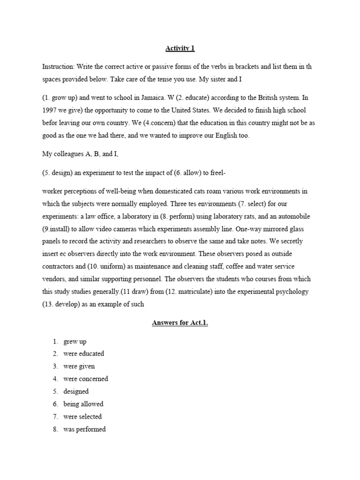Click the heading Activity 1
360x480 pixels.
180,48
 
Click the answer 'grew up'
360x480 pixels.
75,341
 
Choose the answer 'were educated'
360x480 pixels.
84,354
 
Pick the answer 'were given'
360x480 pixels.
79,367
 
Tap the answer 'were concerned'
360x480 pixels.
86,379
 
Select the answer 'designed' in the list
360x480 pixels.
76,391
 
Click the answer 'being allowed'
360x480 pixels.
83,404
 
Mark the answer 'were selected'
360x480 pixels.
82,417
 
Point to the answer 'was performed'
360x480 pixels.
84,429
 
